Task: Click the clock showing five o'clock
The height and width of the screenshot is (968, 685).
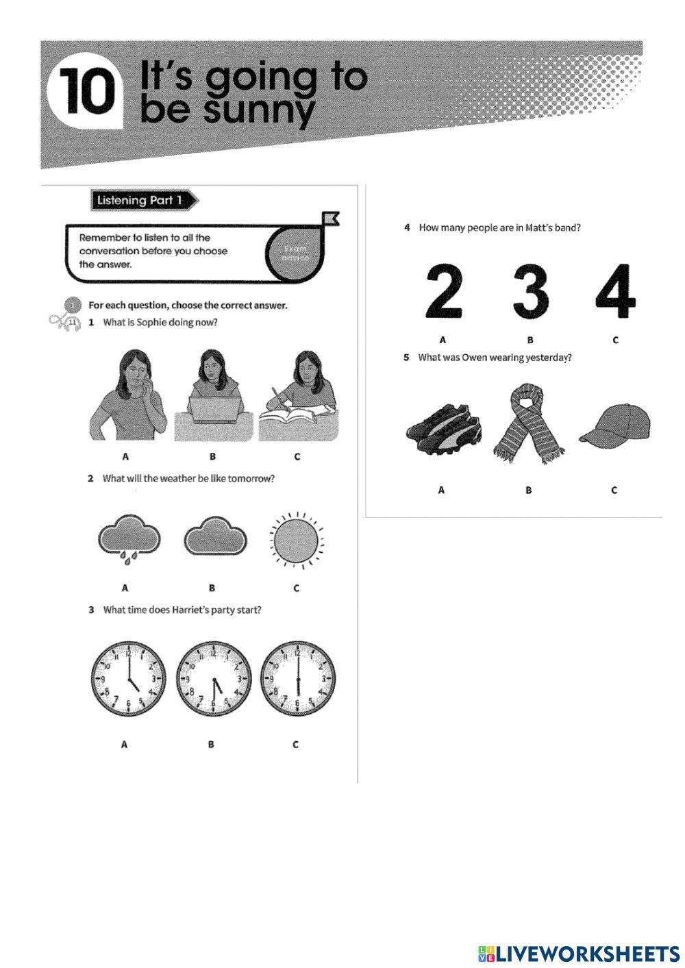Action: [128, 679]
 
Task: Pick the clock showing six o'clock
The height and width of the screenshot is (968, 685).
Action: [298, 679]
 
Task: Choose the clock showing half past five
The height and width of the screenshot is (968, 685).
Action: [213, 679]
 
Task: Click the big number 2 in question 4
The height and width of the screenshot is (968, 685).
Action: [444, 293]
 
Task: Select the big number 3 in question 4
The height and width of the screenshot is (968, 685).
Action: [531, 293]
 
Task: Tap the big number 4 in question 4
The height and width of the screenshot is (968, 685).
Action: [615, 293]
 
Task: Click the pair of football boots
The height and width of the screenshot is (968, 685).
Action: [443, 431]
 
